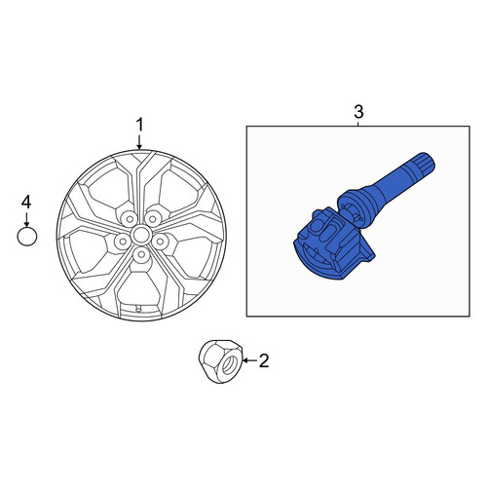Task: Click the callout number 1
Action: [x=139, y=125]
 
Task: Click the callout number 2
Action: [x=264, y=360]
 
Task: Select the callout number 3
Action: [x=358, y=112]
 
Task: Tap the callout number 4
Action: [x=26, y=202]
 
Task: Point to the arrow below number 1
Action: [x=139, y=142]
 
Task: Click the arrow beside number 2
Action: [x=249, y=360]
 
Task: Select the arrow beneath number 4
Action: [x=26, y=219]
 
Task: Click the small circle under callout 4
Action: [x=27, y=237]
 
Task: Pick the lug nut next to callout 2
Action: [x=220, y=361]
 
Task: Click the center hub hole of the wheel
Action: [x=140, y=235]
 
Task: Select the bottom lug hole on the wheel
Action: [x=140, y=254]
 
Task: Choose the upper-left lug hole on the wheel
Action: [x=130, y=219]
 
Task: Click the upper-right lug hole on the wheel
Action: [x=151, y=219]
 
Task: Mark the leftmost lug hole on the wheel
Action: [x=123, y=241]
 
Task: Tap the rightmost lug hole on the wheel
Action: [x=160, y=241]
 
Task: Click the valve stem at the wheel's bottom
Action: [x=138, y=308]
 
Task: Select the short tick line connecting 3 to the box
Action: [x=358, y=124]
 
